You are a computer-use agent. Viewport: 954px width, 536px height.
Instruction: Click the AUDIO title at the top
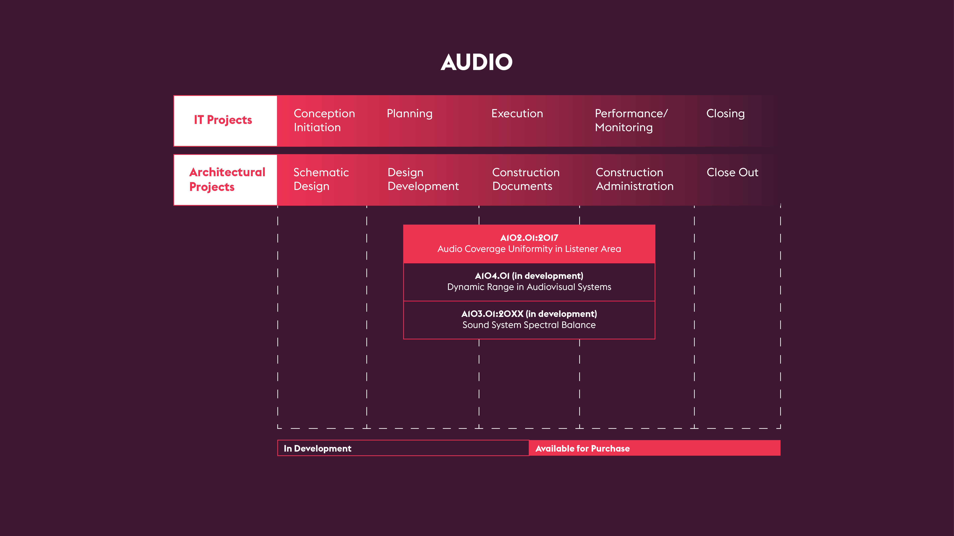tap(477, 62)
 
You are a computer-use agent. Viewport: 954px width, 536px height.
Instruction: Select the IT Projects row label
tap(223, 120)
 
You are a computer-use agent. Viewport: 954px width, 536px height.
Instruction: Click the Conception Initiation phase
tap(324, 120)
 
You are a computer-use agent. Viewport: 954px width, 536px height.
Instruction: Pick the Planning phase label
tap(409, 113)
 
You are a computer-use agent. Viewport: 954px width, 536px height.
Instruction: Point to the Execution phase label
tap(517, 113)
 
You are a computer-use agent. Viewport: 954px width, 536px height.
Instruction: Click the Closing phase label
tap(725, 113)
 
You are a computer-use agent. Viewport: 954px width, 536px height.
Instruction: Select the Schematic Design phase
tap(321, 179)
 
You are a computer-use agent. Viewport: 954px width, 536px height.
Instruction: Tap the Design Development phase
tap(423, 179)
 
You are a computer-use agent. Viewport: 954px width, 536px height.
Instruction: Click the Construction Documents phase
tap(525, 179)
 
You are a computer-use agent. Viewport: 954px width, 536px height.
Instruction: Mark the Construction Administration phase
tap(634, 179)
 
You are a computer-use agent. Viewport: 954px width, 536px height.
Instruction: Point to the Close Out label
tap(732, 173)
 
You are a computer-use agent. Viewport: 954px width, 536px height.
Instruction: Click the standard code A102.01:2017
tap(529, 238)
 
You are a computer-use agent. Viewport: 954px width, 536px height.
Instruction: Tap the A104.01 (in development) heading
tap(529, 276)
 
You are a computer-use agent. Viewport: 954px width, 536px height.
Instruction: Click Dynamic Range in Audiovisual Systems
tap(529, 287)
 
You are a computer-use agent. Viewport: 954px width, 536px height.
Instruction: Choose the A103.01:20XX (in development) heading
tap(529, 314)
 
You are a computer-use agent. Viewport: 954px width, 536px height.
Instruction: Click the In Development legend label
tap(317, 448)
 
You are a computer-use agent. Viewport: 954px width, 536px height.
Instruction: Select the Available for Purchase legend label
tap(582, 448)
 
